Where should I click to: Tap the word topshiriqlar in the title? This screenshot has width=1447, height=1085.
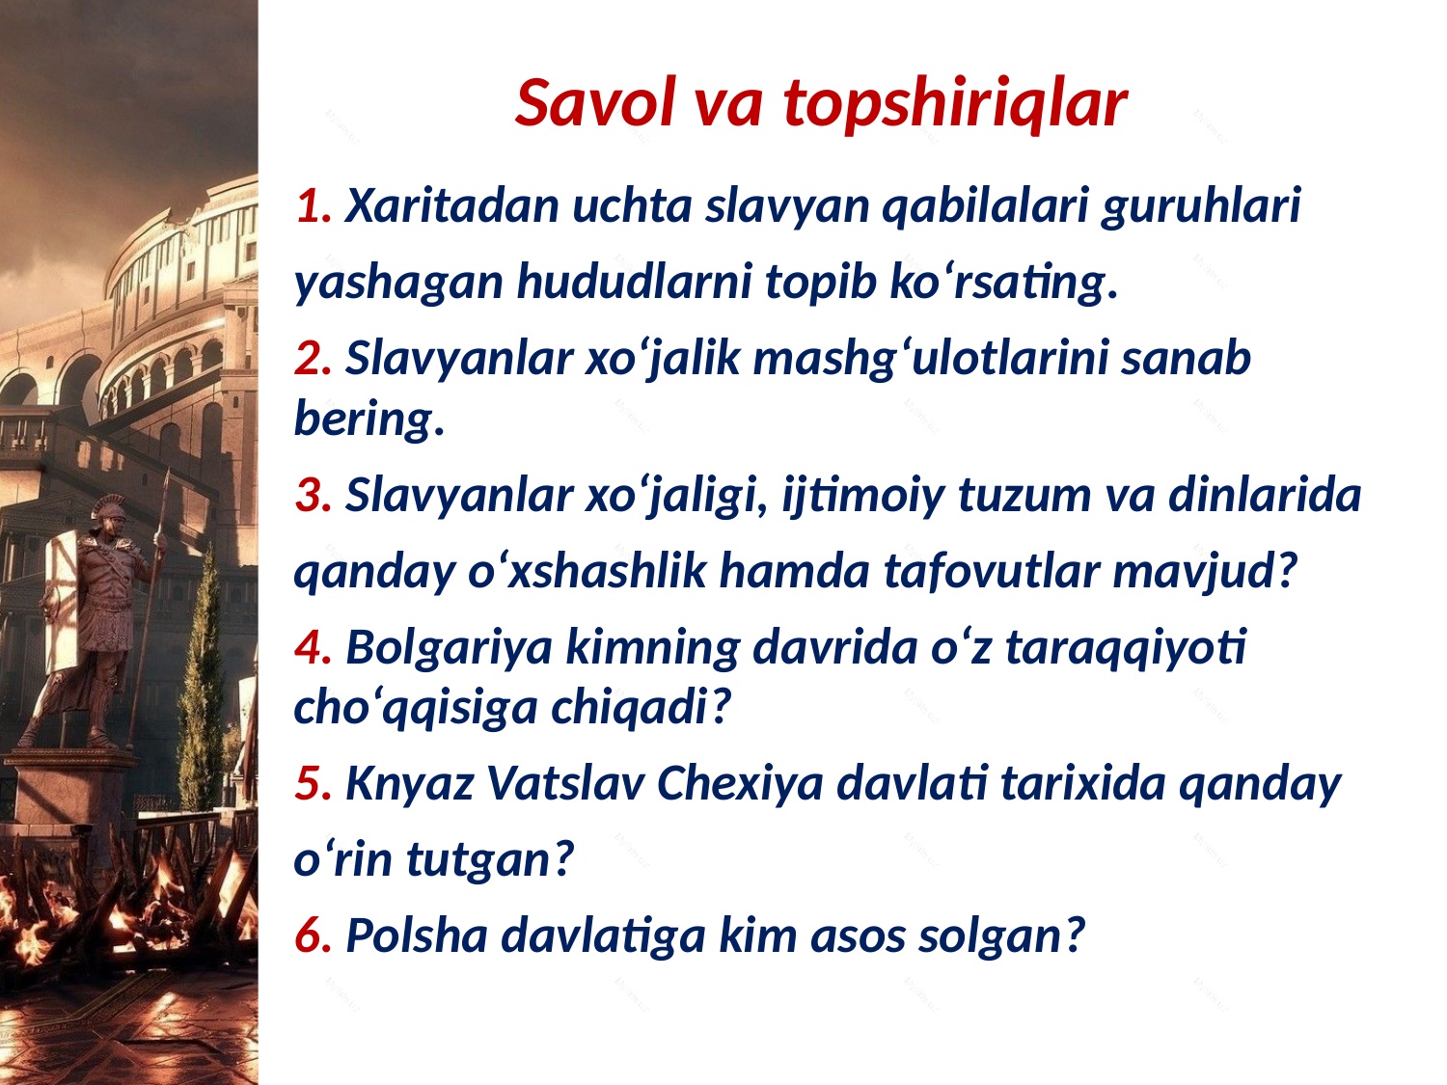(955, 104)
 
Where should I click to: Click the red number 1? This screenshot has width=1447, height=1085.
(313, 205)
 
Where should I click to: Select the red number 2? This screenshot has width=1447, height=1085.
(313, 358)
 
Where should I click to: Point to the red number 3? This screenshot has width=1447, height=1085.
(313, 495)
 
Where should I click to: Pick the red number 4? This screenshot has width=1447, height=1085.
(313, 647)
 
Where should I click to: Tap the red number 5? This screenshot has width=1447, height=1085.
(313, 783)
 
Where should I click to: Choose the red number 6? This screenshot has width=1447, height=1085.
(313, 935)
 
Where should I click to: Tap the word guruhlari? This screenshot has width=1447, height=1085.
(1201, 207)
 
